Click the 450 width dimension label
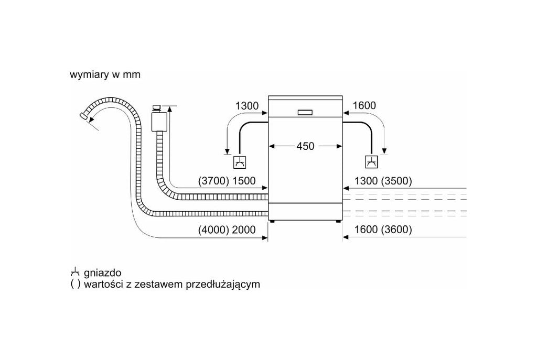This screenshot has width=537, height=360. (x=305, y=146)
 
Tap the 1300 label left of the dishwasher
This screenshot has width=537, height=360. (x=246, y=106)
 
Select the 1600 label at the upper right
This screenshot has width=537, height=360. (x=364, y=105)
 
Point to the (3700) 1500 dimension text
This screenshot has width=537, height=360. (x=227, y=181)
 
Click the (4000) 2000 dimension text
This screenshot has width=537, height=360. (x=227, y=230)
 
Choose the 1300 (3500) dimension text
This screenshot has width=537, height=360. (x=383, y=181)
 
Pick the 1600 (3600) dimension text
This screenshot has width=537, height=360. (x=383, y=230)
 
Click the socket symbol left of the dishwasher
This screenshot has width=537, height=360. (x=239, y=162)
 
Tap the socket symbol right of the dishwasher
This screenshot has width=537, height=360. (x=371, y=162)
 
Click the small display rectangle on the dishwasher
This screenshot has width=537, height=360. (x=305, y=113)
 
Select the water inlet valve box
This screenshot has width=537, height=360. (x=158, y=121)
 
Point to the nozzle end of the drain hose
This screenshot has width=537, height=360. (x=83, y=115)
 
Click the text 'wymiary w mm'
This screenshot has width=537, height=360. (x=105, y=74)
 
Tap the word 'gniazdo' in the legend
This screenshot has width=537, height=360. (x=102, y=272)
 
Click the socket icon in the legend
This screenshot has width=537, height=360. (x=75, y=272)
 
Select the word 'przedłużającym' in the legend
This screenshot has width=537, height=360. (x=222, y=285)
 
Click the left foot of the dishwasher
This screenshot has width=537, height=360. (x=272, y=222)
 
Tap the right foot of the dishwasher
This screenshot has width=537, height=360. (x=338, y=222)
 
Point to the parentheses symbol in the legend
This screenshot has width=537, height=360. (x=76, y=284)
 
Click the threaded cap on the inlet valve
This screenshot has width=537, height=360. (x=157, y=108)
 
